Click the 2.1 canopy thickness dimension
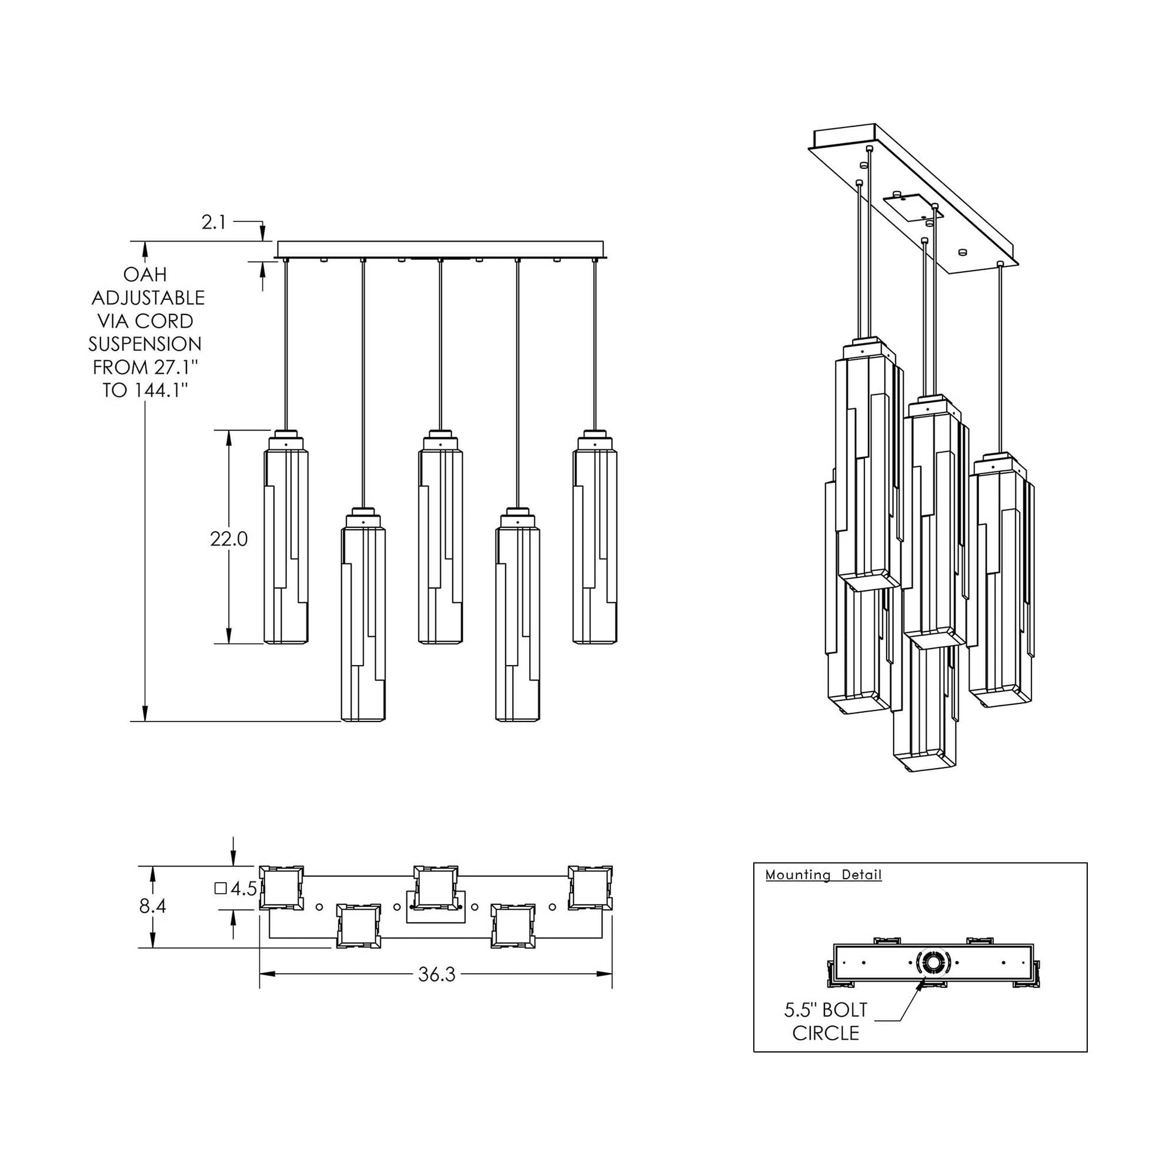point(213,223)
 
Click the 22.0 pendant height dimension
point(229,539)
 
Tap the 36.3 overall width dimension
point(436,974)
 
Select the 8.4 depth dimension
point(152,906)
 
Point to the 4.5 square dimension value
point(243,889)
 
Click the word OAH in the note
point(145,275)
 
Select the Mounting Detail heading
point(823,875)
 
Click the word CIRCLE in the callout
point(826,1034)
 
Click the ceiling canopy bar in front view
point(440,249)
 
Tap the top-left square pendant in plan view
point(282,887)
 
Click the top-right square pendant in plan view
point(590,887)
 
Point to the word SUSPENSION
point(145,344)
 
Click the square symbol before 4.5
point(221,888)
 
